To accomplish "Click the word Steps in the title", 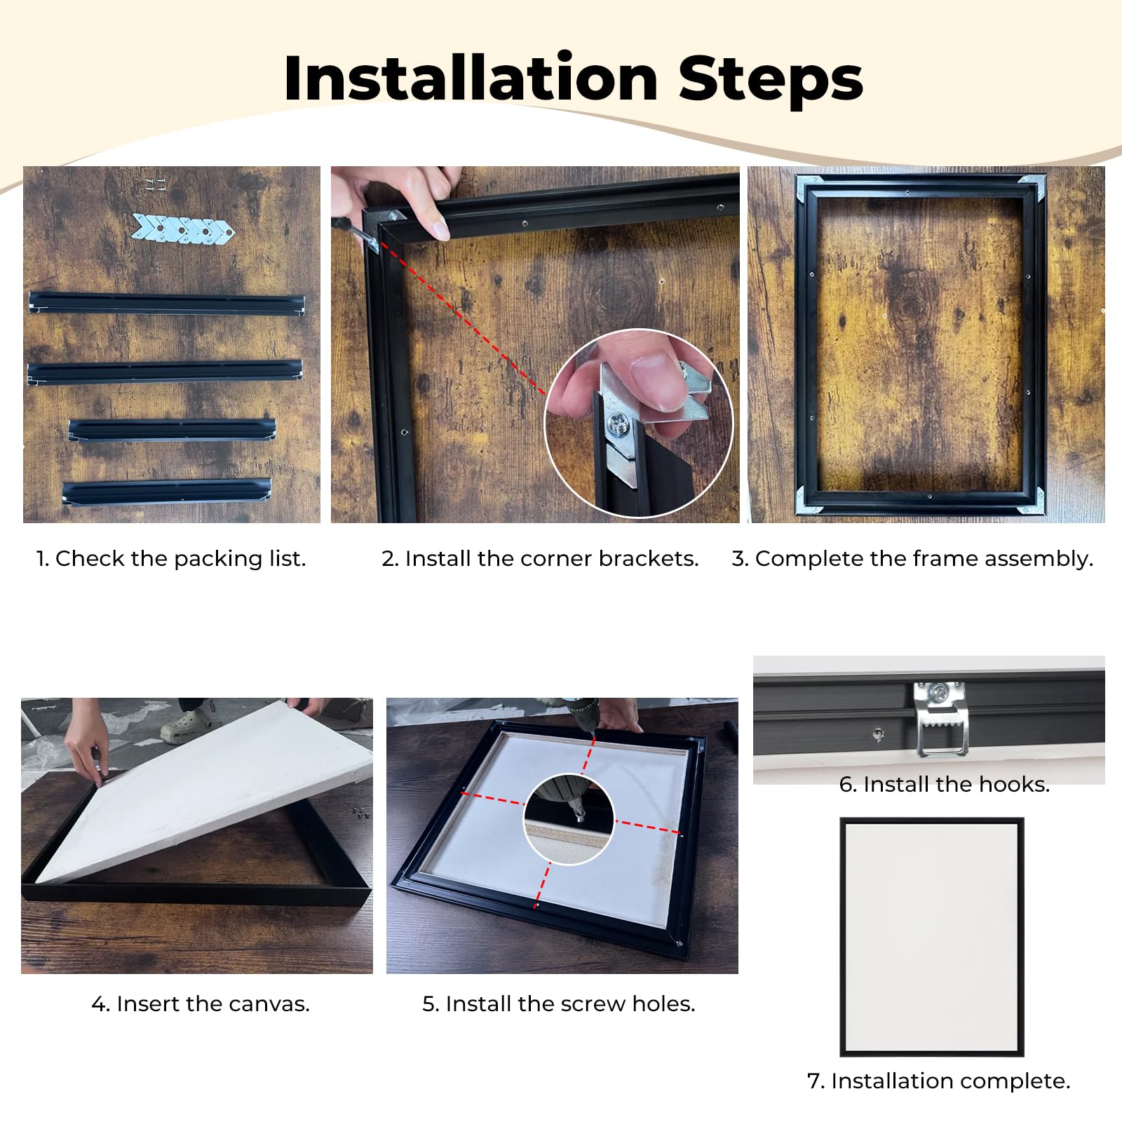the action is (771, 79).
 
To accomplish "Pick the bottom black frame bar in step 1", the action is (166, 490).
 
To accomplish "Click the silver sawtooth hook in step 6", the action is (940, 718).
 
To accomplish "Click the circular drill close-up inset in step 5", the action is (569, 819).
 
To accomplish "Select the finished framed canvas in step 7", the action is (932, 937).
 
